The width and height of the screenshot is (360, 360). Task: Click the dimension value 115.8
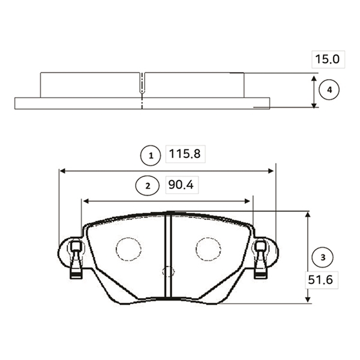[x=185, y=154]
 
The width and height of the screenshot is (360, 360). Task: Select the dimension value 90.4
[x=181, y=185]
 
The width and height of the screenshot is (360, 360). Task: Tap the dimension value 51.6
[x=320, y=280]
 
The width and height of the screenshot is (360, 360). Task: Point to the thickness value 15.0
[x=327, y=59]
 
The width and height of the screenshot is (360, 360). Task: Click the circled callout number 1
[x=151, y=155]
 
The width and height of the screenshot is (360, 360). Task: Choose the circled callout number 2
[x=148, y=186]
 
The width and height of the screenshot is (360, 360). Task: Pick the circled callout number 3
[x=323, y=257]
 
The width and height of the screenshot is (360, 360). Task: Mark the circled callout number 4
[x=329, y=89]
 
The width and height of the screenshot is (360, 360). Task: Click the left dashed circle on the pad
[x=116, y=249]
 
